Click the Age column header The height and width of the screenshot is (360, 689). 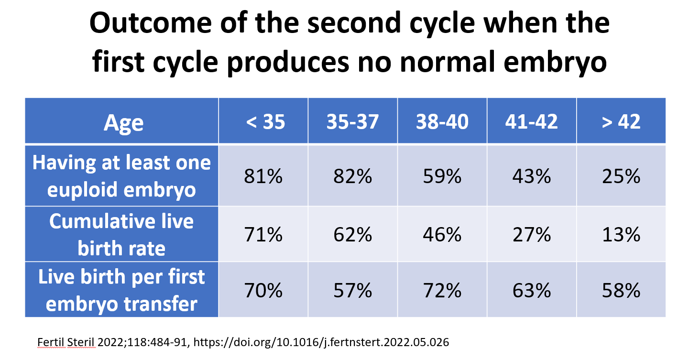coord(123,122)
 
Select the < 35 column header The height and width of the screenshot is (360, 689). coord(263,122)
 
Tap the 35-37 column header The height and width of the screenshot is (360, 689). coord(352,122)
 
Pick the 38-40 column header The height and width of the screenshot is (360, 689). coord(442,122)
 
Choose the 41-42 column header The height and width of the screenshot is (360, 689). coord(531,122)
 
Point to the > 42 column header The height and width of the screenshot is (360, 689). coord(621,122)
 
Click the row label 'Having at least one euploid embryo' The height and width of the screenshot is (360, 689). coord(121,176)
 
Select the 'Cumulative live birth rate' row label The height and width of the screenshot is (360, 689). coord(121,235)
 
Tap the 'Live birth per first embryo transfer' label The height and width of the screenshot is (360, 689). coord(121,290)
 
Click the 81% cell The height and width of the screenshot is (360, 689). coord(263,177)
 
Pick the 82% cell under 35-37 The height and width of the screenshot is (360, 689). coord(352,177)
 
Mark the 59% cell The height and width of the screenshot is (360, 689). coord(442,177)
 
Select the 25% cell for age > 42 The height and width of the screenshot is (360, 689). coord(621,177)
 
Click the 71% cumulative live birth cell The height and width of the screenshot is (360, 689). coord(263,235)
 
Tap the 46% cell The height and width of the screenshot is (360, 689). coord(442,235)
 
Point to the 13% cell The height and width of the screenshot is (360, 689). coord(621,235)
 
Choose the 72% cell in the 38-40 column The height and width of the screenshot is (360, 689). coord(442,290)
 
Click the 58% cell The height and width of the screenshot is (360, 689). coord(621,290)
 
